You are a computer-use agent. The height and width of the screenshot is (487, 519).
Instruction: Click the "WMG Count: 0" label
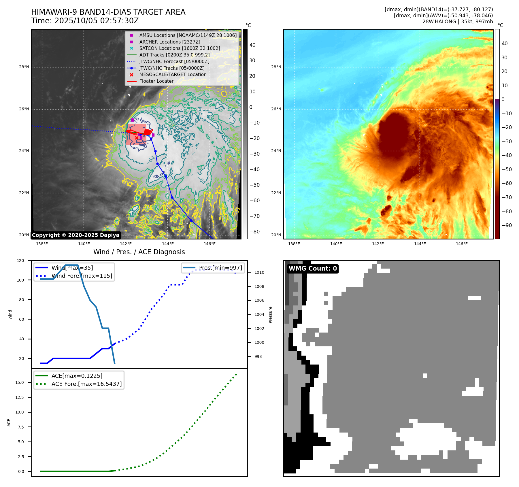click(x=313, y=269)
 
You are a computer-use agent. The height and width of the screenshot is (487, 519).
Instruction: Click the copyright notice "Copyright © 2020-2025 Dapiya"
click(x=76, y=235)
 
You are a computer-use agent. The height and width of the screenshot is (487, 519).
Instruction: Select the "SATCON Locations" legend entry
click(x=180, y=48)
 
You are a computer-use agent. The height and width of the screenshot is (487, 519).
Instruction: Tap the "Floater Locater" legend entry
click(x=156, y=81)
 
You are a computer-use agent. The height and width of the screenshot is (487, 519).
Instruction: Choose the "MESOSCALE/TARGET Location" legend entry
click(x=173, y=75)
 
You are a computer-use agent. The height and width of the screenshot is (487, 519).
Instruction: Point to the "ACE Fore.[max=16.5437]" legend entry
click(x=86, y=384)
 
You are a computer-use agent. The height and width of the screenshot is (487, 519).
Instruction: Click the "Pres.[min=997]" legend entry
click(x=220, y=268)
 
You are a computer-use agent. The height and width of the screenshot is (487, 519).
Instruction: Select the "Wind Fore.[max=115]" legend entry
click(x=82, y=276)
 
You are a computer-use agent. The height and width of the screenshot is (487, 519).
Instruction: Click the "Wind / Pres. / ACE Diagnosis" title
click(x=139, y=252)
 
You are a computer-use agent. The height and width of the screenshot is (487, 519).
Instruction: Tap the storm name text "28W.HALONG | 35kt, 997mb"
click(x=458, y=22)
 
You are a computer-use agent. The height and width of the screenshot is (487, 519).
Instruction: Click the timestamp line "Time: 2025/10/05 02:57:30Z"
click(x=85, y=21)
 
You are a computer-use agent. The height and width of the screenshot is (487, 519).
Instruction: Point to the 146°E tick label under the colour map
click(x=462, y=244)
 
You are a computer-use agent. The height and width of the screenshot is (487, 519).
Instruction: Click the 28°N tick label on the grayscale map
click(x=24, y=67)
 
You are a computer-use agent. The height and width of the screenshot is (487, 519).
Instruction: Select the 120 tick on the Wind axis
click(x=20, y=261)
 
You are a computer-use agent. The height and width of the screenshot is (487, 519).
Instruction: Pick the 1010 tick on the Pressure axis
click(x=259, y=272)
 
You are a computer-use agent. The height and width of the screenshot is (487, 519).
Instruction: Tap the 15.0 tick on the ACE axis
click(x=20, y=382)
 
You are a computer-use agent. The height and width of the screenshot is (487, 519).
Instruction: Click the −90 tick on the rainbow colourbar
click(x=507, y=225)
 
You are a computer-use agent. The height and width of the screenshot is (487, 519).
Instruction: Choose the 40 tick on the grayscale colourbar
click(x=252, y=45)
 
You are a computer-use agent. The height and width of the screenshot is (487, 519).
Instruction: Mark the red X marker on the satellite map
click(x=137, y=138)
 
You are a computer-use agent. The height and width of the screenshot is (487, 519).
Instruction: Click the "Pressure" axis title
click(x=270, y=315)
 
